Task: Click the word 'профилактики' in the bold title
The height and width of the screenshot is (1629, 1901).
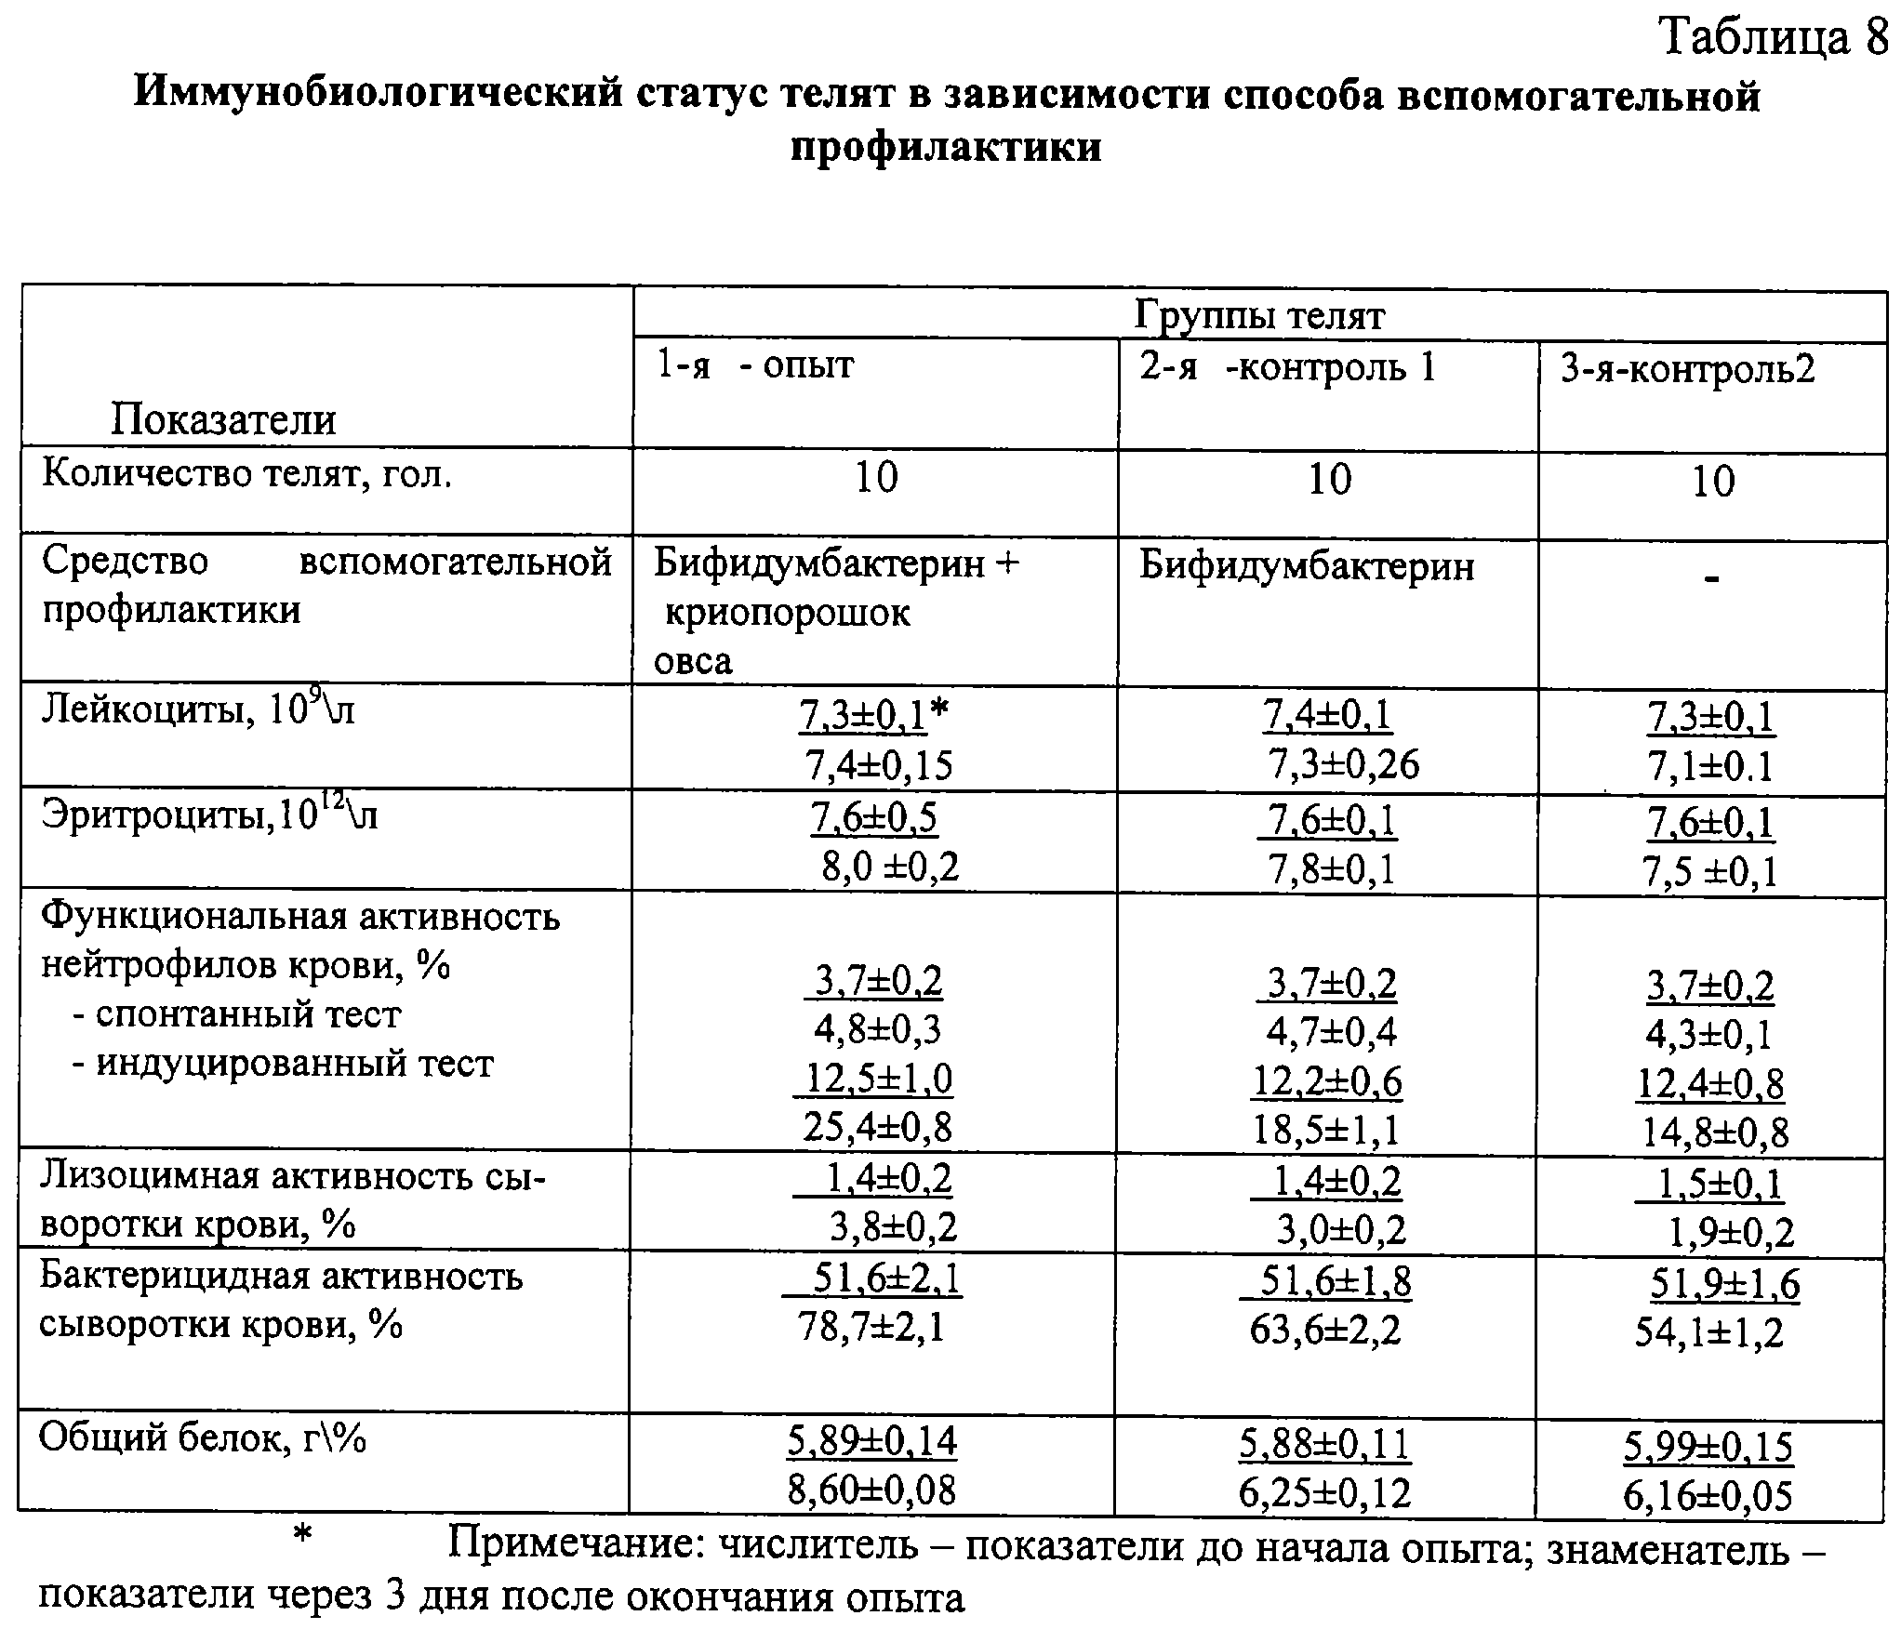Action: (946, 147)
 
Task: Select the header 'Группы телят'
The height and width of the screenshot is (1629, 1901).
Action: (1259, 316)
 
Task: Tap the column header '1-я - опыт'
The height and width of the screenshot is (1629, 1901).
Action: (754, 365)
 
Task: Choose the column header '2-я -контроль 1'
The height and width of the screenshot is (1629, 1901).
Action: (1288, 368)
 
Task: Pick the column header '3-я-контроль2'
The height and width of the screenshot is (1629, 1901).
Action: (1687, 371)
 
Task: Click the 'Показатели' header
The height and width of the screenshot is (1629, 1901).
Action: (223, 419)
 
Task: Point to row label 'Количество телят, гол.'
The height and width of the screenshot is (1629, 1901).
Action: (247, 475)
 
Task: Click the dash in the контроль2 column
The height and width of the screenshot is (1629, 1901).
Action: (1712, 579)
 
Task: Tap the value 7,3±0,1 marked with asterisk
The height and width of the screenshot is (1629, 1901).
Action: (863, 716)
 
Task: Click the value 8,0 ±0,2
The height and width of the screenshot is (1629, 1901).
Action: (890, 867)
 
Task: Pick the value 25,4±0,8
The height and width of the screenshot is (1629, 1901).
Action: (877, 1127)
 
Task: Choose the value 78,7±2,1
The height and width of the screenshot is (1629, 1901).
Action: (871, 1327)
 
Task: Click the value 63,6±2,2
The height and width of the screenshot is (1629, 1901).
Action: (1325, 1331)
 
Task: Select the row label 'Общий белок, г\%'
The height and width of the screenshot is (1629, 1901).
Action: (202, 1439)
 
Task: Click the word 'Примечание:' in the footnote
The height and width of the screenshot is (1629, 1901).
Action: (576, 1545)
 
